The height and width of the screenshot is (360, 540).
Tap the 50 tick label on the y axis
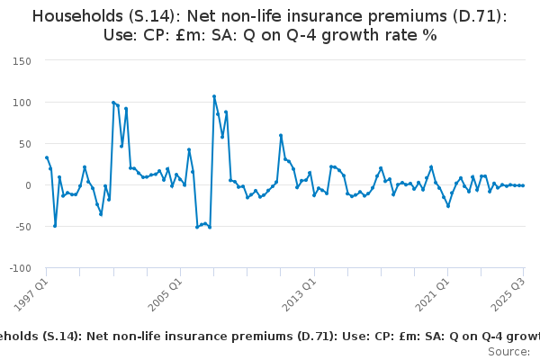[x=23, y=144]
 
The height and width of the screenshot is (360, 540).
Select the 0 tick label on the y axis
[x=28, y=185]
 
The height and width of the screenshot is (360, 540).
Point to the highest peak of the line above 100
[x=214, y=96]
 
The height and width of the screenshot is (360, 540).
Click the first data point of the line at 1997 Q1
[x=47, y=157]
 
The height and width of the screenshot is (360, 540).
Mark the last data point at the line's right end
[x=523, y=185]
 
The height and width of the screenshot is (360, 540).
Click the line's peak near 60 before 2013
[x=281, y=136]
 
